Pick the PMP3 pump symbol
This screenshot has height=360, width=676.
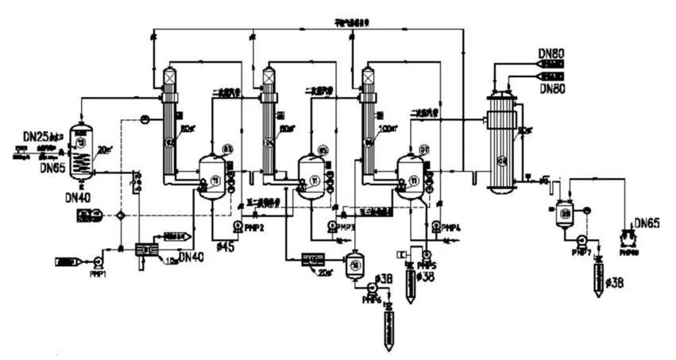pos(330,226)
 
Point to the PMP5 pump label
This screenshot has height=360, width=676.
pos(427,264)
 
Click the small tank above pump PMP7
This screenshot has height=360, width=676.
pos(565,212)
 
